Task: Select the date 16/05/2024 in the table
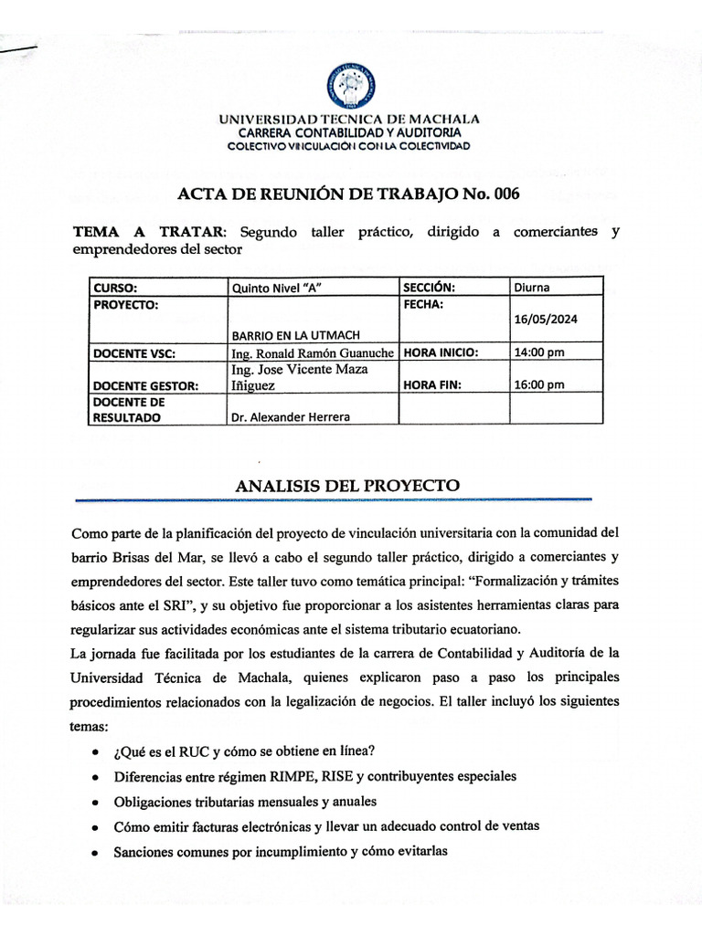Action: pyautogui.click(x=546, y=319)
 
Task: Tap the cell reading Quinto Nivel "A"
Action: pyautogui.click(x=279, y=287)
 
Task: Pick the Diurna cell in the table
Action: pyautogui.click(x=532, y=287)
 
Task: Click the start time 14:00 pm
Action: pyautogui.click(x=539, y=352)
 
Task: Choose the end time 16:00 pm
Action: pyautogui.click(x=539, y=384)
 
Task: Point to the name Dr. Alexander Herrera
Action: pyautogui.click(x=290, y=417)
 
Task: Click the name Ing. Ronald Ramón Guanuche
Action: pyautogui.click(x=313, y=352)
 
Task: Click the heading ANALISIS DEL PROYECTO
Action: pyautogui.click(x=347, y=485)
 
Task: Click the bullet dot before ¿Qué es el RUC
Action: pyautogui.click(x=97, y=751)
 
